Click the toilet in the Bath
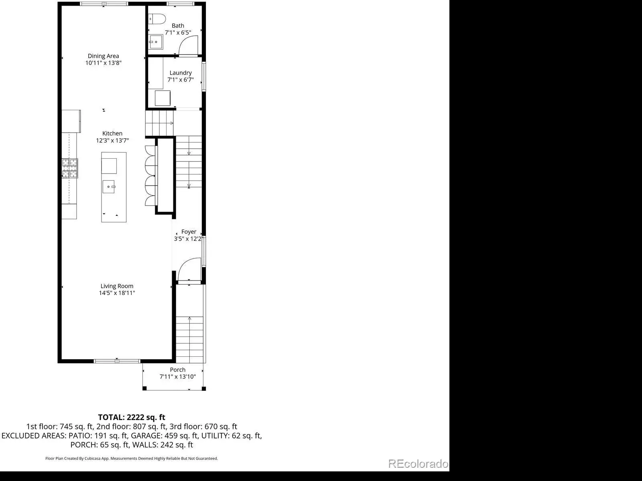[x=157, y=19]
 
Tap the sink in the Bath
[x=156, y=42]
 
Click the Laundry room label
[x=181, y=73]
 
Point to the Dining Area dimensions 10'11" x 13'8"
[x=103, y=63]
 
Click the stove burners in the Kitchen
[x=70, y=168]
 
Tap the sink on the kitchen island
[x=109, y=187]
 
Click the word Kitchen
[x=112, y=133]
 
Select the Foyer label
[x=189, y=232]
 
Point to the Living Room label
[x=117, y=286]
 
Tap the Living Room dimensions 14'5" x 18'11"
[x=117, y=293]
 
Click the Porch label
[x=177, y=370]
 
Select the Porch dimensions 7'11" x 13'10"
[x=177, y=377]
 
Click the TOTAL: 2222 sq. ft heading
[x=131, y=417]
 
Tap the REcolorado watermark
[x=418, y=464]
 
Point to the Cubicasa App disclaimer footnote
[x=131, y=459]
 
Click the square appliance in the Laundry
[x=163, y=98]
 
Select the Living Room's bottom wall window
[x=117, y=361]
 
